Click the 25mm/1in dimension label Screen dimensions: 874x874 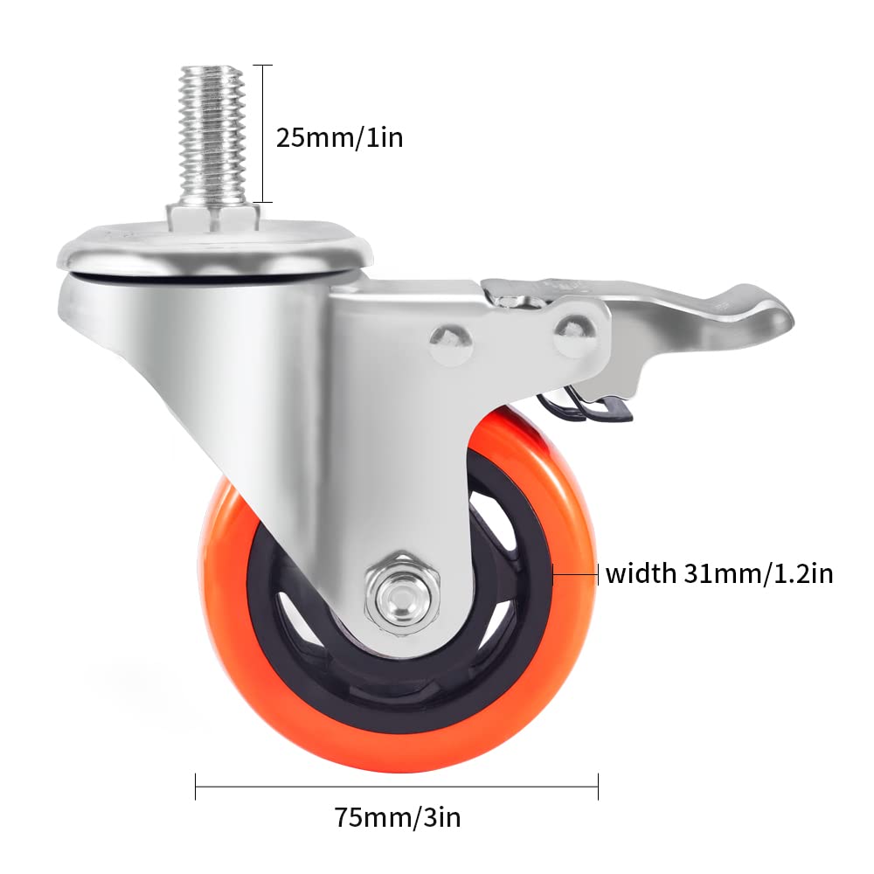click(x=339, y=137)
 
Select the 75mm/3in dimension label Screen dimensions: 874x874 click(x=398, y=818)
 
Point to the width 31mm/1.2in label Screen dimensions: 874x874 click(x=718, y=574)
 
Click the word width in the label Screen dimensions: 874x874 click(x=640, y=574)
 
